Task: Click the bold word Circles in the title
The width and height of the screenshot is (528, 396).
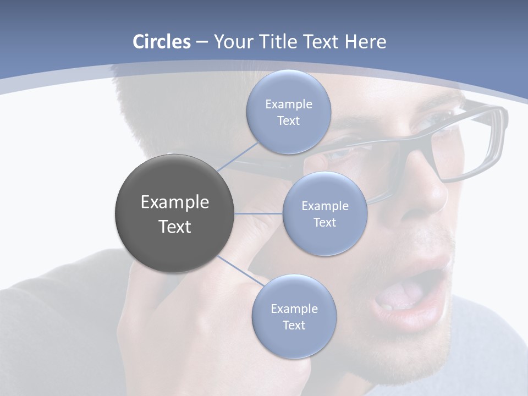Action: coord(161,42)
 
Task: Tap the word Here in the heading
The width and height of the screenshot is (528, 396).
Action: coord(365,42)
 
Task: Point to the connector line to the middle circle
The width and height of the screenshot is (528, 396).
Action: coord(258,213)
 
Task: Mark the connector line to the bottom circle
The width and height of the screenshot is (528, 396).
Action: coord(240,270)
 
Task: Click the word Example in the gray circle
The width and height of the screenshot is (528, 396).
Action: coord(174,202)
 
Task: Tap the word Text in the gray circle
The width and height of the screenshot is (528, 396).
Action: coord(174,227)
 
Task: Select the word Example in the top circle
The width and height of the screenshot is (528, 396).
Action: coord(288,104)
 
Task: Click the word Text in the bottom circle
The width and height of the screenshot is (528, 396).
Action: coord(294,325)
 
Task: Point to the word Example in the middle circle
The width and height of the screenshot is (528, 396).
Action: coord(324,206)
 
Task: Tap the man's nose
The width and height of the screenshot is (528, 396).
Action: coord(435,193)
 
